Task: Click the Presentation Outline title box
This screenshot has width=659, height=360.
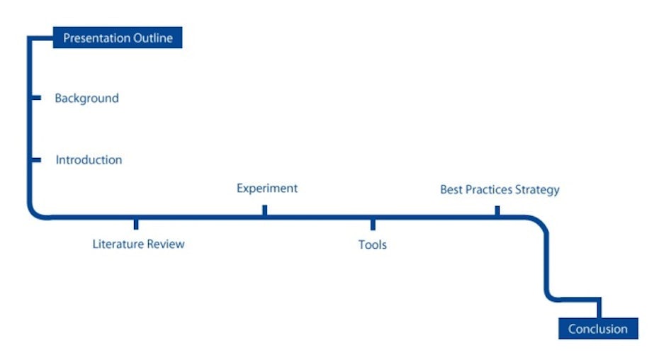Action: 118,38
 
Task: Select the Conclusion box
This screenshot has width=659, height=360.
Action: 598,328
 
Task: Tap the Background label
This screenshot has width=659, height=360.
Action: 87,99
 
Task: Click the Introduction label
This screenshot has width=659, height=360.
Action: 89,160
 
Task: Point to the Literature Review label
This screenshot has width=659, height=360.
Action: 138,244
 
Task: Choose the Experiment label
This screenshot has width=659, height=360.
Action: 267,189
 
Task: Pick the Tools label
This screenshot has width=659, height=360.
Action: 372,244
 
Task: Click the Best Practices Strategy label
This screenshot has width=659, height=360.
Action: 500,190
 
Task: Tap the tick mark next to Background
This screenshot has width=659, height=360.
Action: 37,98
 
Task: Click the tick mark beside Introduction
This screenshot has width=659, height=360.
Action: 37,160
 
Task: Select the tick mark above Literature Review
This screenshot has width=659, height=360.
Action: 136,224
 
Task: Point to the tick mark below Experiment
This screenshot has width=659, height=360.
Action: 265,210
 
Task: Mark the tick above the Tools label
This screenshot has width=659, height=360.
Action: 373,225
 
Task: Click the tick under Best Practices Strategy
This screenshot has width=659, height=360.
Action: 497,210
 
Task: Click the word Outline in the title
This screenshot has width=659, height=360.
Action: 153,38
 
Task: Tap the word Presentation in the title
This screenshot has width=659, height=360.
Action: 96,38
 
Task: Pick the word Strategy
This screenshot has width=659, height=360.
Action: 538,190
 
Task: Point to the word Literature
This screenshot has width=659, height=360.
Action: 119,244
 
